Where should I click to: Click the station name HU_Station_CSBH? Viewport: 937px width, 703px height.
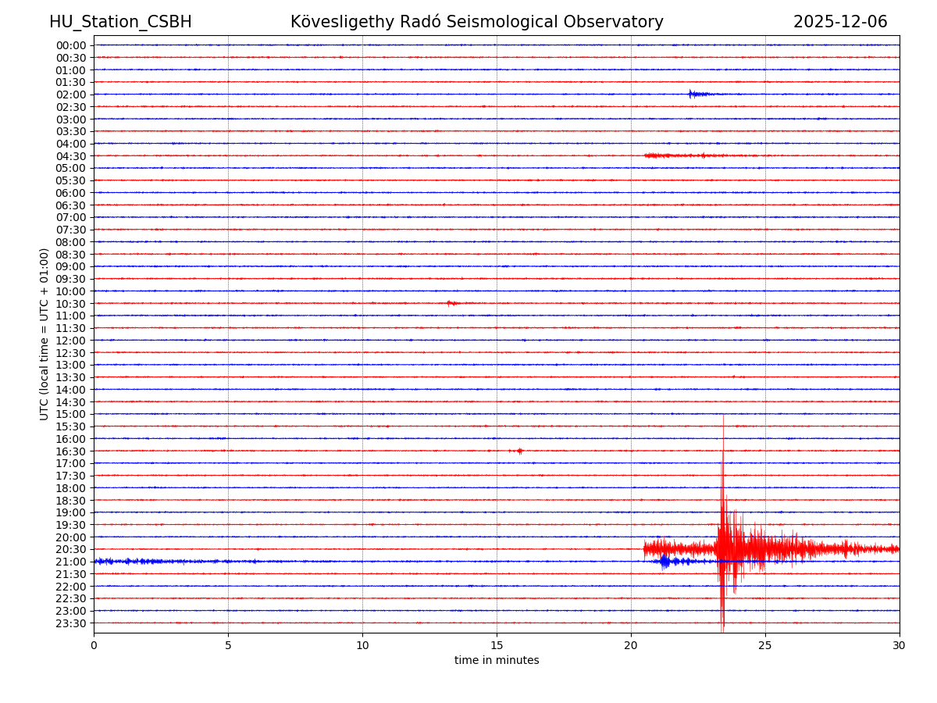click(120, 22)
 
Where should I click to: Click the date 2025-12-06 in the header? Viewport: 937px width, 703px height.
click(840, 22)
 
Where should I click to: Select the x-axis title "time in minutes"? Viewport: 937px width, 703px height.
click(497, 661)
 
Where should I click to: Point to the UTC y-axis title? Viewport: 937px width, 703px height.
click(45, 334)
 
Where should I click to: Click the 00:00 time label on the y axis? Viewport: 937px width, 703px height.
click(71, 45)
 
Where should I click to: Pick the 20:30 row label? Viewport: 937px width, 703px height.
click(71, 549)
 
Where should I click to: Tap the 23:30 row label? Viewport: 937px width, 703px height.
click(71, 623)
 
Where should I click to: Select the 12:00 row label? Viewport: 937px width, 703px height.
click(71, 341)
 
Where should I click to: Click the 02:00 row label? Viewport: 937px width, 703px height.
click(71, 95)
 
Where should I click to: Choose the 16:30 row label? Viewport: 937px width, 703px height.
click(71, 451)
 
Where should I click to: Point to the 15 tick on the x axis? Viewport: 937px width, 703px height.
click(497, 645)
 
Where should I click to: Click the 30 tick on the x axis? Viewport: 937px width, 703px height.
click(900, 645)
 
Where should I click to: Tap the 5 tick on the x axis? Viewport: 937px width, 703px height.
click(228, 645)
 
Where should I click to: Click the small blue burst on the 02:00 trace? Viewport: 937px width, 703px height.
click(693, 95)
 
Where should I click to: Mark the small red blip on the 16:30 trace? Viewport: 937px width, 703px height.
click(519, 451)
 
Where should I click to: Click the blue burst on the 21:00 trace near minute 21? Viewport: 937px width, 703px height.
click(664, 561)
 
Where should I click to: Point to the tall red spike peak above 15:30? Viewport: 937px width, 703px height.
click(723, 417)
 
